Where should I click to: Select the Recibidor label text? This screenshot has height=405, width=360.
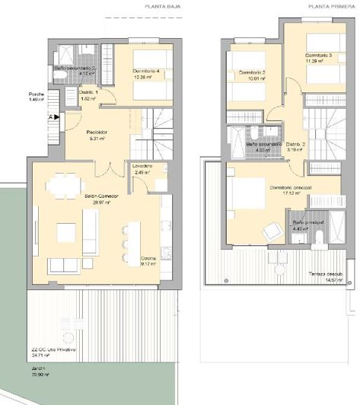[x=96, y=132]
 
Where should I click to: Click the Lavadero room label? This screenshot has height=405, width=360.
[x=142, y=165]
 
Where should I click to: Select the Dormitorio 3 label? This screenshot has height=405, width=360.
[x=320, y=56]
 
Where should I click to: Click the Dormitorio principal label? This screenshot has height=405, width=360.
[x=290, y=187]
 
